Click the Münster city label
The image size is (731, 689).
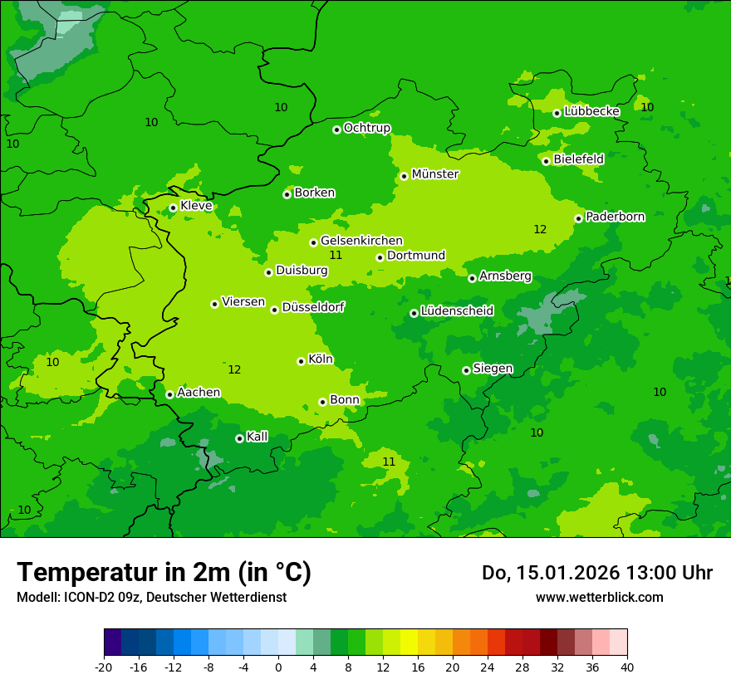click(434, 174)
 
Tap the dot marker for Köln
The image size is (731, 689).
click(301, 361)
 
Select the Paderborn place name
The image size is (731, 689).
click(615, 217)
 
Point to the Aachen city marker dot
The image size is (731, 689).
click(169, 394)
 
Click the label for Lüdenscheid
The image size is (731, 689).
click(457, 311)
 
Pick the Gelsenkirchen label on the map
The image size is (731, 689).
click(361, 241)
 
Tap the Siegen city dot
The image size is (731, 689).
click(466, 370)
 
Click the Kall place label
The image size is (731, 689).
click(257, 437)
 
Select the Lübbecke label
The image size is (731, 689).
click(591, 111)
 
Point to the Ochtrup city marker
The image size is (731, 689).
click(336, 129)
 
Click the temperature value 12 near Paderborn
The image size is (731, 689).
click(540, 229)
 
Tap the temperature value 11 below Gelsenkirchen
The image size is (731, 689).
click(336, 255)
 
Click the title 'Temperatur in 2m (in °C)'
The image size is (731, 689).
click(164, 573)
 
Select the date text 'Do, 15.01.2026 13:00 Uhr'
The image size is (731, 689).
click(596, 573)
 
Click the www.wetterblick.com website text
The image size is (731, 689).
click(599, 597)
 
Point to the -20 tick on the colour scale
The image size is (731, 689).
click(104, 667)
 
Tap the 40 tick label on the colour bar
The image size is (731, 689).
click(627, 667)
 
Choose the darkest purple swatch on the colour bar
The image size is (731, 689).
click(113, 643)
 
